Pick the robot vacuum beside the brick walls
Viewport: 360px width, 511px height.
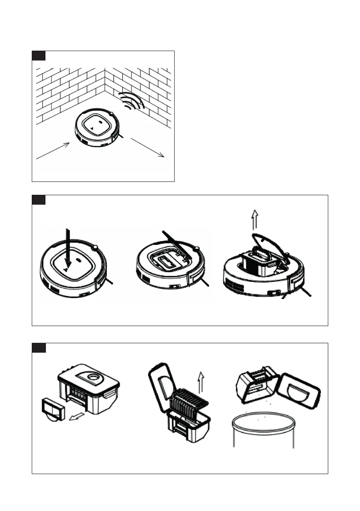(x=97, y=129)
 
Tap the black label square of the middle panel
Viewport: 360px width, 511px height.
(x=39, y=200)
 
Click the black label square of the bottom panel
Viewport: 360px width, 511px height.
(x=39, y=348)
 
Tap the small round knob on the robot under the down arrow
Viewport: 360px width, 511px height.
(x=95, y=247)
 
